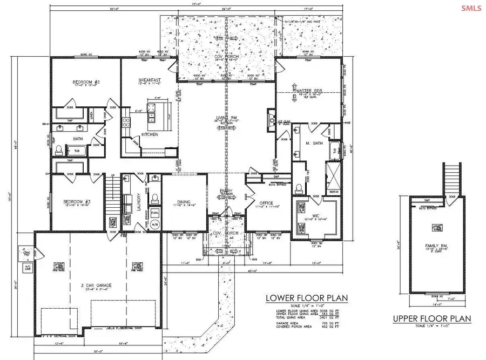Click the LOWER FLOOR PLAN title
[306, 297]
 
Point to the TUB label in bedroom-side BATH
[77, 151]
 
